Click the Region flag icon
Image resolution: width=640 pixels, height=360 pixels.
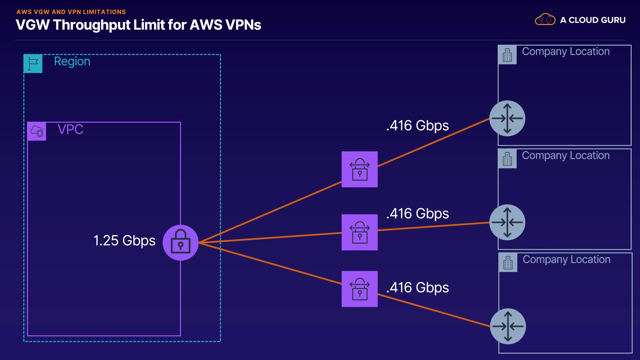tap(33, 63)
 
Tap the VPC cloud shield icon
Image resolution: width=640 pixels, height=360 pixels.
tap(37, 131)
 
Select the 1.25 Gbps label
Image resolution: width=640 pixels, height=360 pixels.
tap(124, 241)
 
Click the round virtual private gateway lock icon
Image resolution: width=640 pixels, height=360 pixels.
tap(180, 243)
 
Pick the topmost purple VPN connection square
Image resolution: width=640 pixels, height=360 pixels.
tap(359, 169)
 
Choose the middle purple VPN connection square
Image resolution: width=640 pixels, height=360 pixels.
tap(359, 232)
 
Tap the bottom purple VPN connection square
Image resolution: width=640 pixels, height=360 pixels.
tap(359, 289)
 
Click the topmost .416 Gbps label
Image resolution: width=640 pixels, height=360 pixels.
tap(417, 126)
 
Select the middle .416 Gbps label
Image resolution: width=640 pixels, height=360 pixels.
tap(417, 214)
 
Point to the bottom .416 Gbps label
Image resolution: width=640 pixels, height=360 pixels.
tap(417, 288)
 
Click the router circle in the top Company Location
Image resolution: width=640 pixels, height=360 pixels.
tap(507, 118)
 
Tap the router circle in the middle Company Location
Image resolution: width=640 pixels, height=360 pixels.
tap(507, 222)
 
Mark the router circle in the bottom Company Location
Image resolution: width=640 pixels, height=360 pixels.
tap(508, 326)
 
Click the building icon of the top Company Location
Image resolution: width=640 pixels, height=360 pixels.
tap(507, 55)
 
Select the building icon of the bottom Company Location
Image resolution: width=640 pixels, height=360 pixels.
tap(508, 263)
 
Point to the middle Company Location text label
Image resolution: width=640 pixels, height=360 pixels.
tap(566, 156)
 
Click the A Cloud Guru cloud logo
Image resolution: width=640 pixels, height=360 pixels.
tap(545, 20)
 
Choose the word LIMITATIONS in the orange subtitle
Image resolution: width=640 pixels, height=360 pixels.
tap(104, 12)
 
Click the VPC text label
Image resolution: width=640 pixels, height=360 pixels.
tap(70, 129)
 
